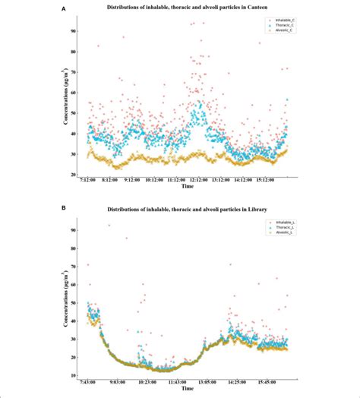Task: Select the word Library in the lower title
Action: (x=261, y=207)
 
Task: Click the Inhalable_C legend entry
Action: (x=270, y=21)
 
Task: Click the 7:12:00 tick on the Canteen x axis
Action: (x=90, y=180)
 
